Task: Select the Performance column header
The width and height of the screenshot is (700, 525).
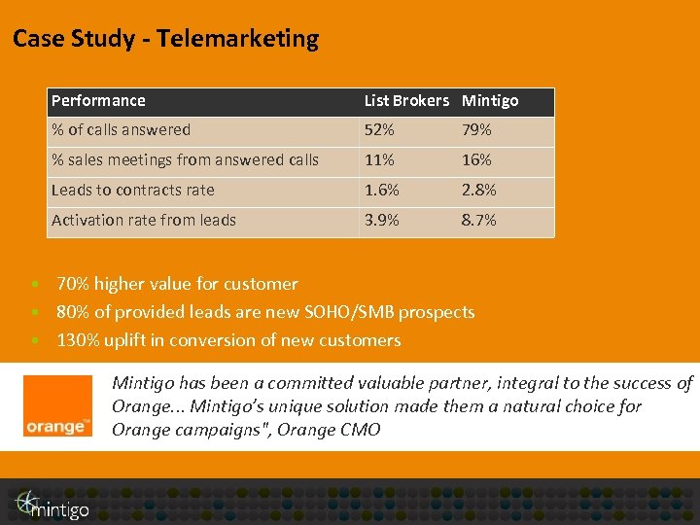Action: pos(98,100)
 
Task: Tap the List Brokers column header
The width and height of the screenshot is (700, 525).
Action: pos(406,100)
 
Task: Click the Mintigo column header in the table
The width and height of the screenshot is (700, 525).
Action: pos(490,100)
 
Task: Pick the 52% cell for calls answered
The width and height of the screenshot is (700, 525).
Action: pos(379,129)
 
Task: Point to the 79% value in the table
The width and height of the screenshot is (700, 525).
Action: pos(476,129)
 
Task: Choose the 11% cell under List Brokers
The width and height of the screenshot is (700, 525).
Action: pos(379,159)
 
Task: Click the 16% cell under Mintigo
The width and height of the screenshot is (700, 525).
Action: pos(476,159)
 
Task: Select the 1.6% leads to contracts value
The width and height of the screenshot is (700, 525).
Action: pos(381,190)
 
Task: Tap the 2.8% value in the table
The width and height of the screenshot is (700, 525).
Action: pos(478,190)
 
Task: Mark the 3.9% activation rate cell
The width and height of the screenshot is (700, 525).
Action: pos(381,220)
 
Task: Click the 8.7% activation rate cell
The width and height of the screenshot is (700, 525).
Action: pos(478,220)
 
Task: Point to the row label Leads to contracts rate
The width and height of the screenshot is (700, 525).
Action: pos(132,190)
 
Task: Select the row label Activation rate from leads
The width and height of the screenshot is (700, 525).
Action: pos(144,220)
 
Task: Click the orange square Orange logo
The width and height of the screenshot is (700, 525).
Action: pos(58,405)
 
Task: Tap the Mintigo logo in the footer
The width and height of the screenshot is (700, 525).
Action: pos(52,503)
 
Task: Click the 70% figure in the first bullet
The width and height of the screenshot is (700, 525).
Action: pos(74,284)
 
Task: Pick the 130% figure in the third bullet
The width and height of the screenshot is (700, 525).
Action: pos(79,340)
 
